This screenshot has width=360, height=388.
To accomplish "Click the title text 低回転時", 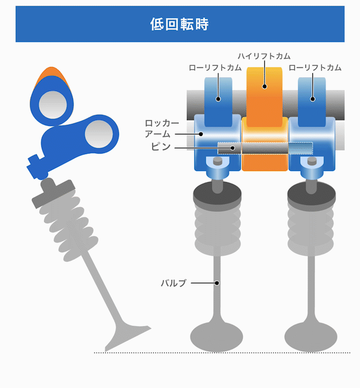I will [x=180, y=24].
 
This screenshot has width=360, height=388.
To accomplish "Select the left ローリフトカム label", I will [x=215, y=68].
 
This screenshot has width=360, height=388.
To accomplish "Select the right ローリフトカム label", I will [x=315, y=68].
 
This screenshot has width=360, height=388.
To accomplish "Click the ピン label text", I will [x=160, y=146].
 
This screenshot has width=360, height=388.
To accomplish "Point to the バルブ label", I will [x=174, y=283].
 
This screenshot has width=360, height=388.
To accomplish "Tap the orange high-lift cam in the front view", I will [x=264, y=101].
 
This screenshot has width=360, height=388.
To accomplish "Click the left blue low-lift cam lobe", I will [x=219, y=101].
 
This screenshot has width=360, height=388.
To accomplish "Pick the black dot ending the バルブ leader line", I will [x=217, y=283].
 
